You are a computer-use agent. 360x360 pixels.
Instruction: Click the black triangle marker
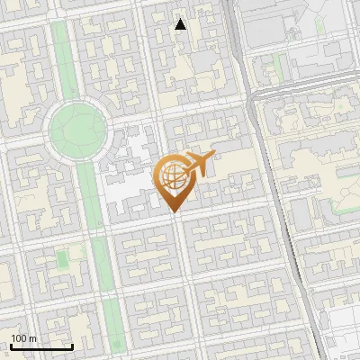coord(181,24)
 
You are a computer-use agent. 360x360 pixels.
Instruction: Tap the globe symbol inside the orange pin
coord(173,177)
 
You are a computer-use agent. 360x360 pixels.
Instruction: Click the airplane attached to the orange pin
coord(199,164)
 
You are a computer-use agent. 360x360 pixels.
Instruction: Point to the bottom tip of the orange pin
coord(174,212)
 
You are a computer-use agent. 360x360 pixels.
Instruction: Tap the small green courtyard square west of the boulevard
coord(61,259)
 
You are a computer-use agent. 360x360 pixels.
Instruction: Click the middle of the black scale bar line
coord(40,346)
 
